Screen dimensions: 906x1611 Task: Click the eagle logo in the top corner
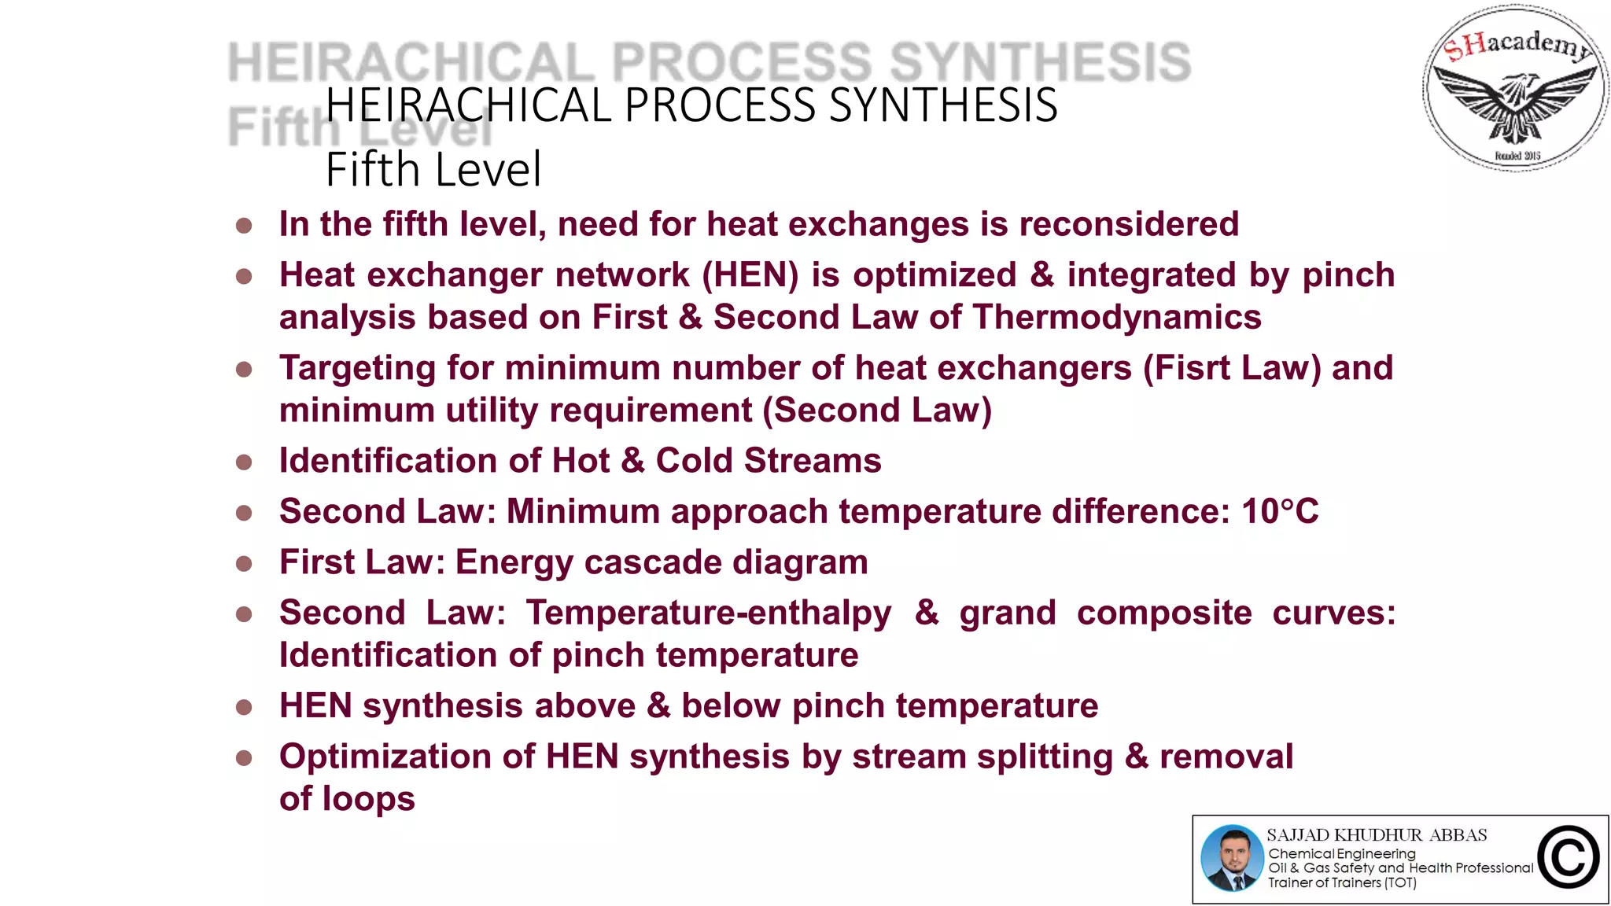click(x=1515, y=88)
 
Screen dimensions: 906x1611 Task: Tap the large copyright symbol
click(x=1569, y=858)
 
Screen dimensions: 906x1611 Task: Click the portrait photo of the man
click(x=1232, y=858)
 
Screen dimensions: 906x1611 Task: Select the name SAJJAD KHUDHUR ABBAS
click(x=1377, y=835)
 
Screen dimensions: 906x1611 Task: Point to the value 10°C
click(x=1280, y=512)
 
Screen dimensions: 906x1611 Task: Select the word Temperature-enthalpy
click(x=709, y=613)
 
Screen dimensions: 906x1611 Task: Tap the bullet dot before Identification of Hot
click(x=244, y=462)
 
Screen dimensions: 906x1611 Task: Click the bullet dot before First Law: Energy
click(x=244, y=563)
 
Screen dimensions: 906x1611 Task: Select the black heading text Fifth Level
click(x=433, y=170)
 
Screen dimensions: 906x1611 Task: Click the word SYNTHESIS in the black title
click(x=943, y=105)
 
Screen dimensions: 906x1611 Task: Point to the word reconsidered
click(x=1129, y=225)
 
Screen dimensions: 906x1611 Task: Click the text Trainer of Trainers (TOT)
click(x=1342, y=883)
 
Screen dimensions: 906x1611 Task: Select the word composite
click(x=1164, y=613)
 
